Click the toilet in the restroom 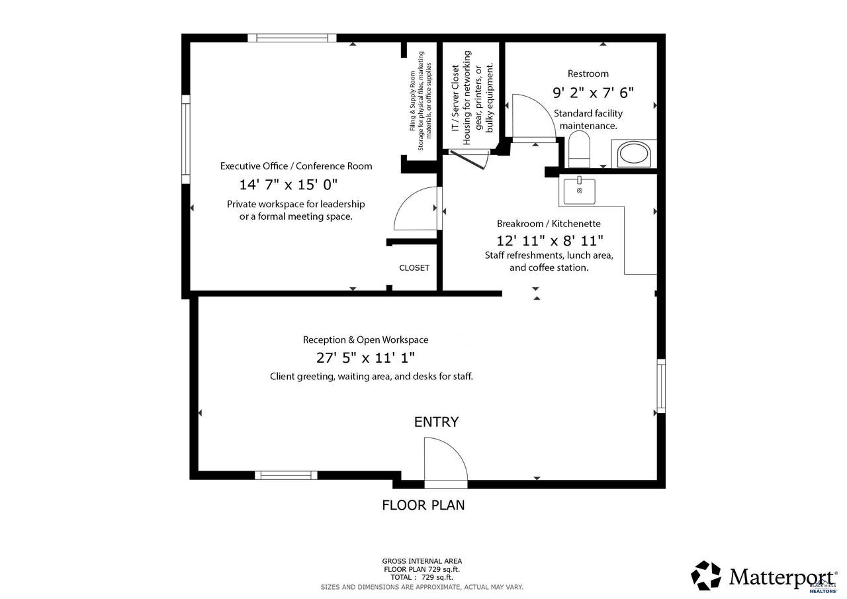579,149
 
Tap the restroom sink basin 634,154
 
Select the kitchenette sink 579,191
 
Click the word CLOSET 414,268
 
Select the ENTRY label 436,422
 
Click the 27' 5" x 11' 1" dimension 365,357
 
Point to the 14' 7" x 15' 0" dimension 288,185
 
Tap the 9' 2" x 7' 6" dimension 593,93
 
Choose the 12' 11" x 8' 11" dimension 549,240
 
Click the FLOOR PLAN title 423,505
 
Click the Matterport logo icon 705,575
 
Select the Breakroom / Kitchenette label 549,224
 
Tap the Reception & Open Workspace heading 366,340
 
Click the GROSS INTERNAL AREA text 422,561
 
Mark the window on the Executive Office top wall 292,38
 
